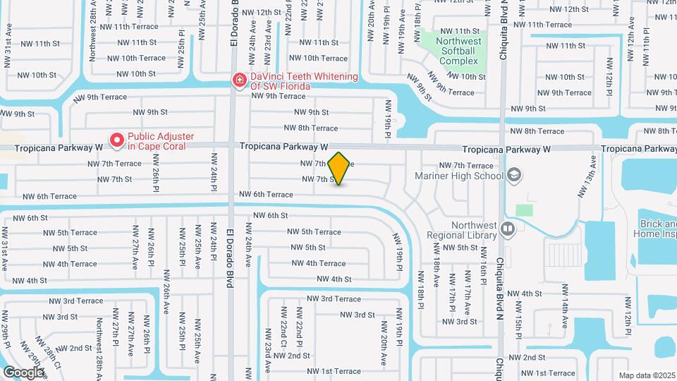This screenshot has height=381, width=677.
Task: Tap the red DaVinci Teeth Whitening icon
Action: pos(240,81)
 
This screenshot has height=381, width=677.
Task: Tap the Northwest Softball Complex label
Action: pos(458,51)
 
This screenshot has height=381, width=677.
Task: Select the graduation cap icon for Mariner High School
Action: pos(514,174)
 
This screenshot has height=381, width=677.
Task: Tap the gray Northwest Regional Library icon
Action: pos(507,227)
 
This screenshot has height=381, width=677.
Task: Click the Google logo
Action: pos(24,372)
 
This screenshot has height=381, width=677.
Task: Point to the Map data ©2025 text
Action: pos(647,375)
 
